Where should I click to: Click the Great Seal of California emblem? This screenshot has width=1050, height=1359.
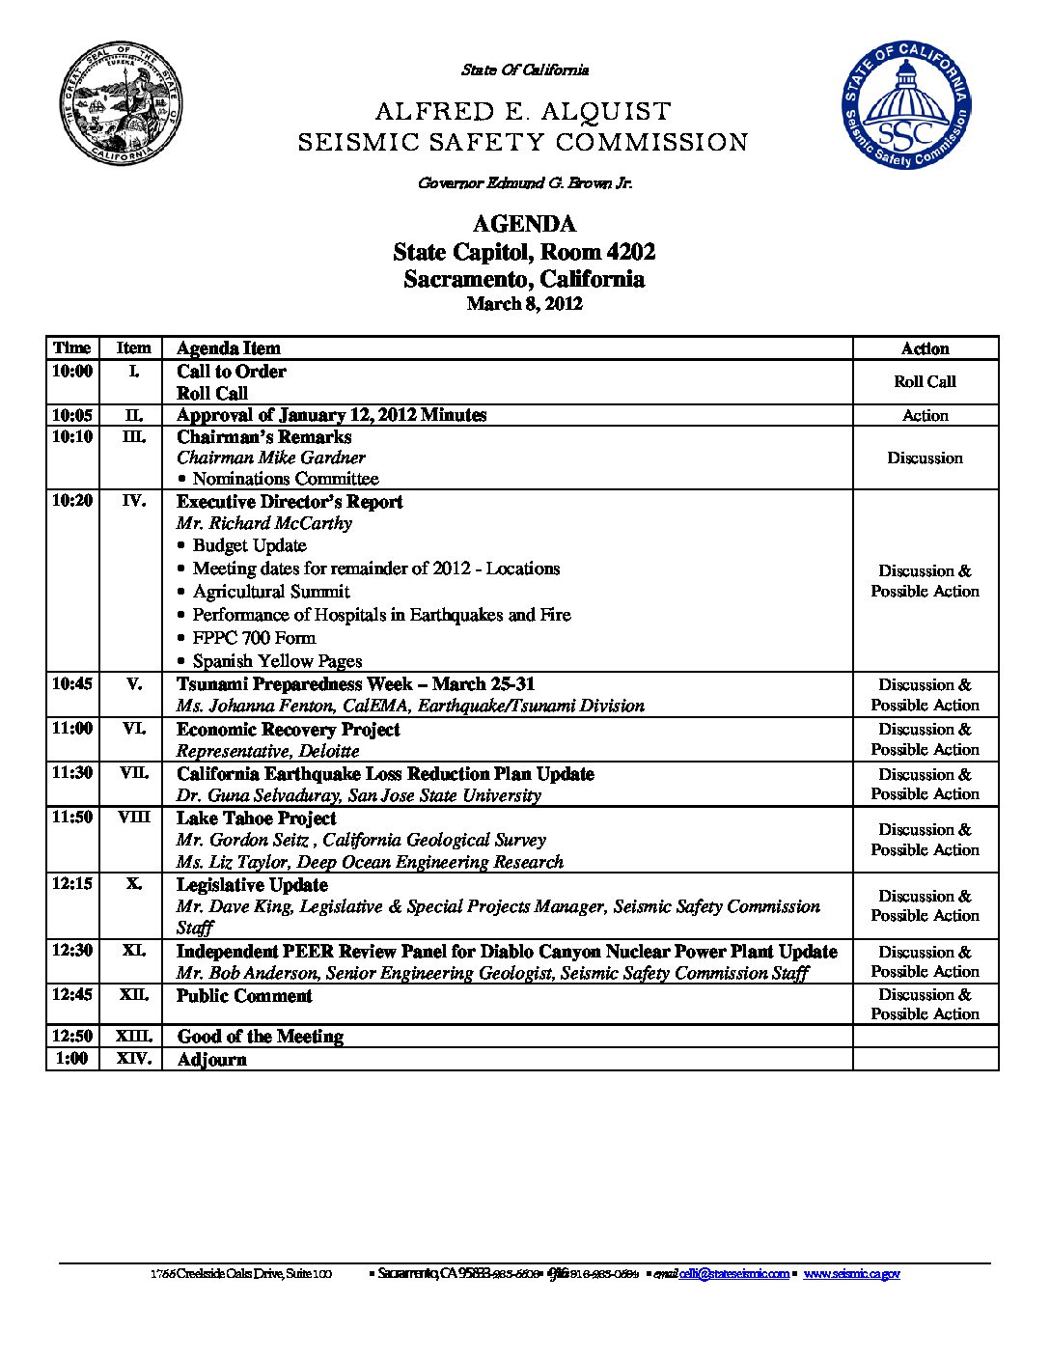[x=121, y=103]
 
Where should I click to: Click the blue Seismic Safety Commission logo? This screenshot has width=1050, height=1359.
[x=905, y=105]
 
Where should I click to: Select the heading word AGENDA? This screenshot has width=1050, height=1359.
[x=524, y=224]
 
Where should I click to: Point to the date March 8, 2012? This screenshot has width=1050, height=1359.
[x=524, y=304]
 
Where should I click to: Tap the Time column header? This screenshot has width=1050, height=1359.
[x=72, y=348]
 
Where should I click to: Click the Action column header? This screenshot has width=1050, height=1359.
[x=925, y=348]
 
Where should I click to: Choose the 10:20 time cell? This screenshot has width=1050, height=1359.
[x=72, y=501]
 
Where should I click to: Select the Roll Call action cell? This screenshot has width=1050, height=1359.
[x=925, y=382]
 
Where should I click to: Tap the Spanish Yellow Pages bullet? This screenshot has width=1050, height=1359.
[x=277, y=661]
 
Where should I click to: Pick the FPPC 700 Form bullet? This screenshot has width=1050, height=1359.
[x=254, y=638]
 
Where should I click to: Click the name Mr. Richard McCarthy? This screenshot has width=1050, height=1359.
[x=264, y=523]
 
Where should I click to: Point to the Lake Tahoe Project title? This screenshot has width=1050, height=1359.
[x=257, y=818]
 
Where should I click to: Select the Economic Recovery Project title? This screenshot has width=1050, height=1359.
[x=288, y=729]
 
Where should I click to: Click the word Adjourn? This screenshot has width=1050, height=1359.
[x=212, y=1059]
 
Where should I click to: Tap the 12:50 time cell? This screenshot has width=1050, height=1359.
[x=72, y=1036]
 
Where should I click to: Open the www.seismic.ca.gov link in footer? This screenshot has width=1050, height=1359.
[x=851, y=1274]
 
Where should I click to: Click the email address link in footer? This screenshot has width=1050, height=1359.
[x=733, y=1274]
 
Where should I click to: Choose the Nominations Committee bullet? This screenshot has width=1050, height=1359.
[x=285, y=479]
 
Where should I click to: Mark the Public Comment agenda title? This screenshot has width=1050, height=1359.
[x=244, y=995]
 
